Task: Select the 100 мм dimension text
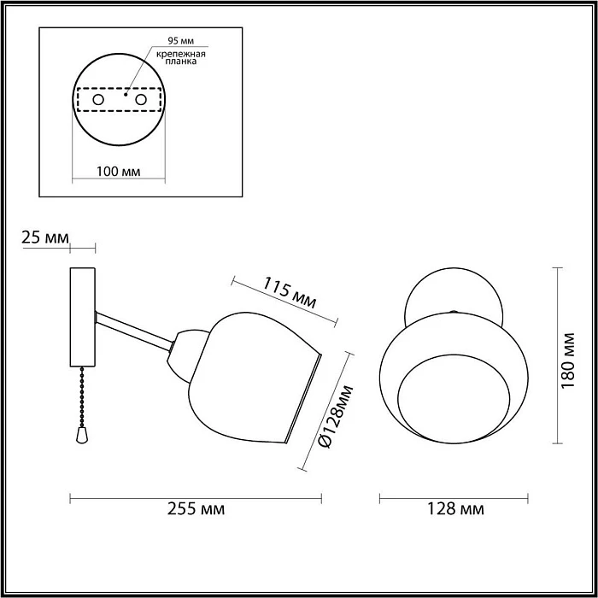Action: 119,171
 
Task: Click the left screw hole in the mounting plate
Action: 98,100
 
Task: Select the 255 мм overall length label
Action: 196,510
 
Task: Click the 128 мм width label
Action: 454,510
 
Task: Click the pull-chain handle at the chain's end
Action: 80,437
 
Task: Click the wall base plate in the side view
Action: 83,317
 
